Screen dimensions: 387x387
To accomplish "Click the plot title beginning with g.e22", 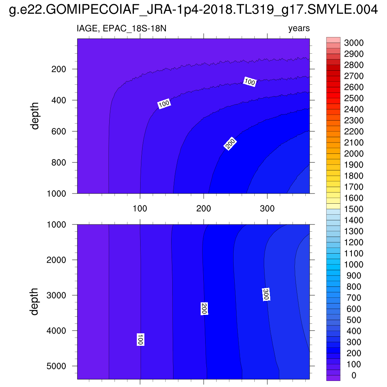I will click(193, 11).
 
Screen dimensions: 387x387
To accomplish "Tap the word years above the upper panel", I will click(299, 28).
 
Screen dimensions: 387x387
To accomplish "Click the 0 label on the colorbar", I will click(353, 375).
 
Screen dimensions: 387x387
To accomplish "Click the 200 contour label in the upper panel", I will click(230, 144).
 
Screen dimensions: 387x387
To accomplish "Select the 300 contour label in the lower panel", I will click(266, 294).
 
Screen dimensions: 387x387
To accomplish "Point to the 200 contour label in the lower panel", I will click(204, 308).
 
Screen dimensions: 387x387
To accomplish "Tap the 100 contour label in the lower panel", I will click(140, 339).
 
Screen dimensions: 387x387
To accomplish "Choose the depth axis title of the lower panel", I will click(35, 301).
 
